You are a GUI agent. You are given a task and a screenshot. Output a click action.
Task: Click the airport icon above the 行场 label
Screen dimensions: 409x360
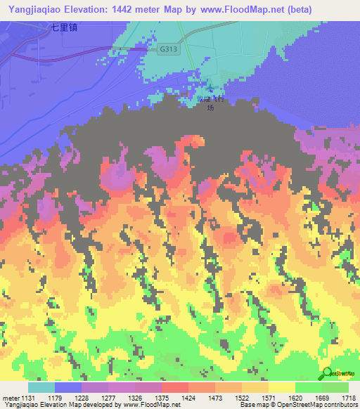click(210, 91)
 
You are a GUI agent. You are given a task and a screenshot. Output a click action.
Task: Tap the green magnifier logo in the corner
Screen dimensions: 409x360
click(328, 375)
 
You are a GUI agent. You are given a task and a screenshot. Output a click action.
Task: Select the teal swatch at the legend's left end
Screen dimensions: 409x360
click(41, 387)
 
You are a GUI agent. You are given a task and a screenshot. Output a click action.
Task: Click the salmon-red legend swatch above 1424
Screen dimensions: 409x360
click(174, 387)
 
